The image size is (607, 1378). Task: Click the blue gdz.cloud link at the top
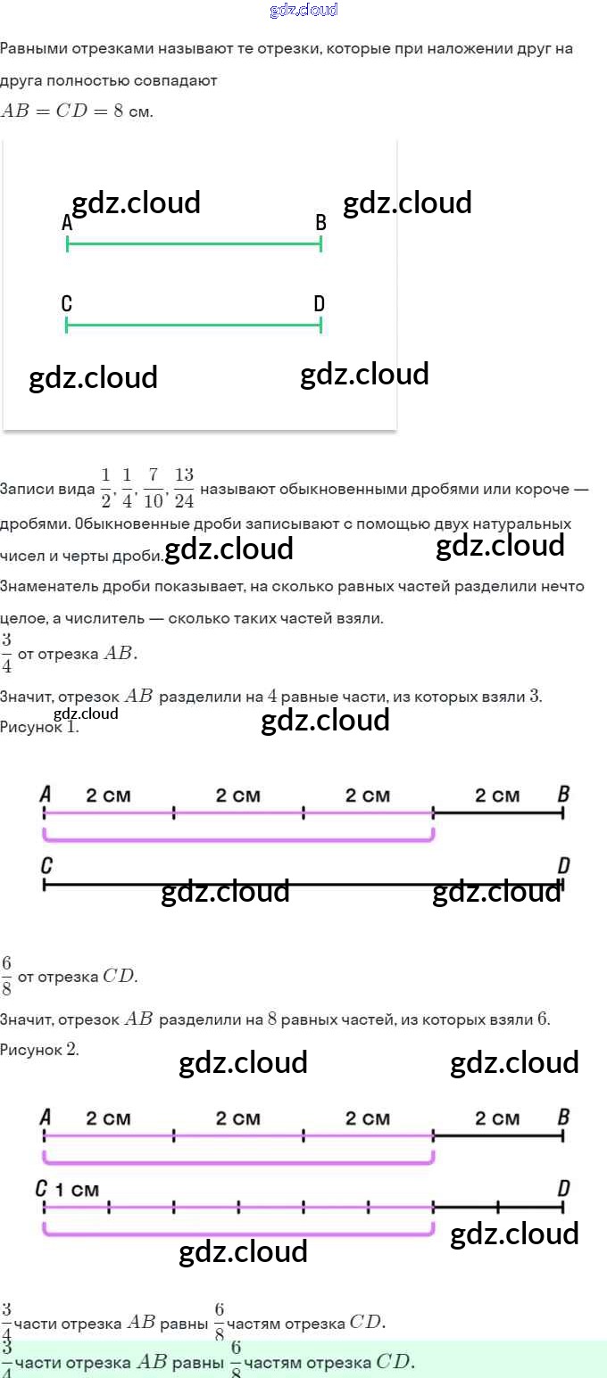[x=303, y=11]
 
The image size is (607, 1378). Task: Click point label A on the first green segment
[x=67, y=223]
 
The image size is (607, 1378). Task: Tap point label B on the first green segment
[x=320, y=223]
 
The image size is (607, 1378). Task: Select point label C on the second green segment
[x=67, y=304]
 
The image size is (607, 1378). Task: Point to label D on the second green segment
[x=320, y=304]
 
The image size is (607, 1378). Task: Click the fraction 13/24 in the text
[x=184, y=487]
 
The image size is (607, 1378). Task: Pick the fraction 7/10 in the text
[x=154, y=487]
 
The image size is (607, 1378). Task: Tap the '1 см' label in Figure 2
[x=78, y=1190]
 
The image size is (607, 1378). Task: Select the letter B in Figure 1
[x=563, y=793]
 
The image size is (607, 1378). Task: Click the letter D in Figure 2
[x=563, y=1188]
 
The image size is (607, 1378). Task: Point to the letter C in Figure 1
[x=46, y=865]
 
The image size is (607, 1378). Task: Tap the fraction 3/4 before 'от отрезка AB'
[x=6, y=653]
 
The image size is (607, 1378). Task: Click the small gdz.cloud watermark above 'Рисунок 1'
[x=86, y=714]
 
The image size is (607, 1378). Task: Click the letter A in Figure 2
[x=46, y=1117]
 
